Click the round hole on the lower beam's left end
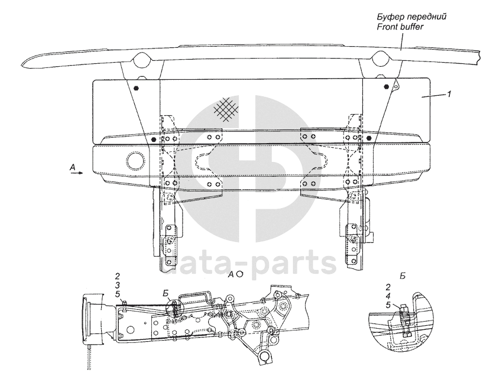pos(134,160)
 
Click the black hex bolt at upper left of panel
pos(137,89)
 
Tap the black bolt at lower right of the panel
pos(369,138)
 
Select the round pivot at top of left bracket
pos(142,61)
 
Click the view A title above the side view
pos(235,274)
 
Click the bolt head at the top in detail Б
pos(403,307)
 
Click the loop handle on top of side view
pos(198,293)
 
